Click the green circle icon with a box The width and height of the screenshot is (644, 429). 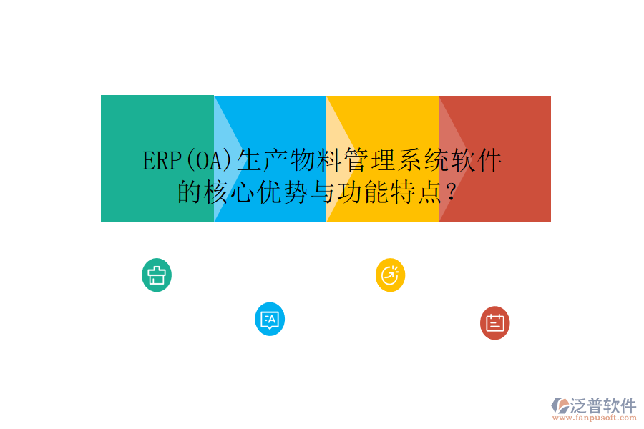click(x=157, y=275)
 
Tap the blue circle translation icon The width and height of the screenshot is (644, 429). click(x=270, y=319)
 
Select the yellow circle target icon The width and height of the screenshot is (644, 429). click(x=390, y=275)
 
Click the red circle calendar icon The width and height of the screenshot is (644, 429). click(x=494, y=322)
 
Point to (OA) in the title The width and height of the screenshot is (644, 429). click(x=210, y=162)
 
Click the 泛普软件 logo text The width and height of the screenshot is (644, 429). click(x=603, y=405)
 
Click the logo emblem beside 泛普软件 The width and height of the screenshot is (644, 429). click(x=559, y=406)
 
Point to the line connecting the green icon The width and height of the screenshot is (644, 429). click(x=157, y=240)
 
